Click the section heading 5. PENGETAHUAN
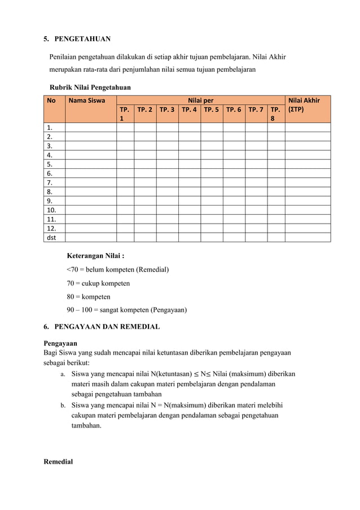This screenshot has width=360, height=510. pos(77,39)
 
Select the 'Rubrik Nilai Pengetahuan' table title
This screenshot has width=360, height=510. pos(90,88)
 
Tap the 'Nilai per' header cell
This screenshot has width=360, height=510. pos(200,101)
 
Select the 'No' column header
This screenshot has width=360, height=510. pos(51,101)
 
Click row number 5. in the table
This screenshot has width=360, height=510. pos(51,164)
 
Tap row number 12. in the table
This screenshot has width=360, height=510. pos(52,228)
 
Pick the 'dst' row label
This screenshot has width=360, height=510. pos(51,237)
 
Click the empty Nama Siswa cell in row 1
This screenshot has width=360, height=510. pos(90,128)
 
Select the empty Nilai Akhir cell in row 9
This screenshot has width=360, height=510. pos(308,200)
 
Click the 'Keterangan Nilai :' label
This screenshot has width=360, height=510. pos(95,256)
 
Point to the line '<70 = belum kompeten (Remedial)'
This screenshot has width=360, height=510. pos(118,269)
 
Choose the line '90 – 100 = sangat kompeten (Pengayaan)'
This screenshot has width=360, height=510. pos(126,310)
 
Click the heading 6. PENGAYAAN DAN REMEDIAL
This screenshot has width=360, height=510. pos(102,326)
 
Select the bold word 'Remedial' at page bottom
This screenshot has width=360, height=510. pos(58,461)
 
